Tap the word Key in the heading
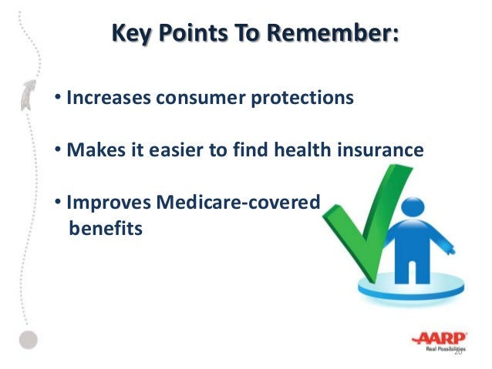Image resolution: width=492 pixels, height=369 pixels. click(x=131, y=34)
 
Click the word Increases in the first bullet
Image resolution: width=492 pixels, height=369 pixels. click(x=109, y=97)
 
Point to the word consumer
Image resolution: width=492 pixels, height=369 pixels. click(x=201, y=98)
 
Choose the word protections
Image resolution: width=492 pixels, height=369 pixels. click(x=302, y=98)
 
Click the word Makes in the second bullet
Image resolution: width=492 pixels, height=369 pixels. click(x=96, y=149)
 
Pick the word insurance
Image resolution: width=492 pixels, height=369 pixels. click(x=380, y=149)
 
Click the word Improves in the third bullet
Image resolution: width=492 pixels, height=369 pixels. click(x=109, y=203)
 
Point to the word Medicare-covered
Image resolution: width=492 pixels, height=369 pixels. click(x=238, y=202)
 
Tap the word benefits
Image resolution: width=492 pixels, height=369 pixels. click(x=106, y=228)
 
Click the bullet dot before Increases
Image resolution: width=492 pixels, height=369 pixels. click(x=58, y=96)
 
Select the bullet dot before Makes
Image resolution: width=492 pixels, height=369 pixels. click(x=58, y=148)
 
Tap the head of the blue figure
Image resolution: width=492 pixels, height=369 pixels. click(x=413, y=207)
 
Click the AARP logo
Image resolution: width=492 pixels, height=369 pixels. click(x=440, y=341)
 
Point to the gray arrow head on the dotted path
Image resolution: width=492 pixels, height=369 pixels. click(x=29, y=95)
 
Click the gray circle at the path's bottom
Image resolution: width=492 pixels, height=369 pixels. click(x=29, y=340)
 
